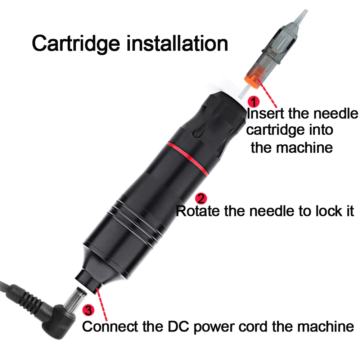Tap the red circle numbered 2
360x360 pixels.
pos(201,198)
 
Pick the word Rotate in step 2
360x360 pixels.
pos(198,211)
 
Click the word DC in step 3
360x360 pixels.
pos(180,327)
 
